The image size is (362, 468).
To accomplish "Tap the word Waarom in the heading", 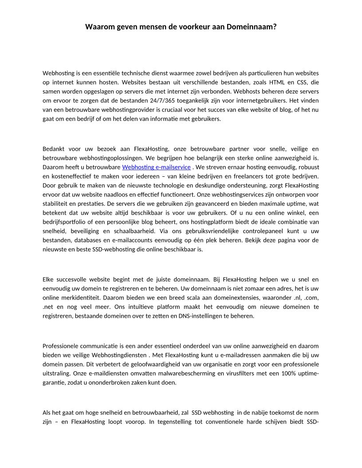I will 99,27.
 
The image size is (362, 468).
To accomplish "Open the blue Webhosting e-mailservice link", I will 156,167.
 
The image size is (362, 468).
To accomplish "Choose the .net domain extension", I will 48,307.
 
